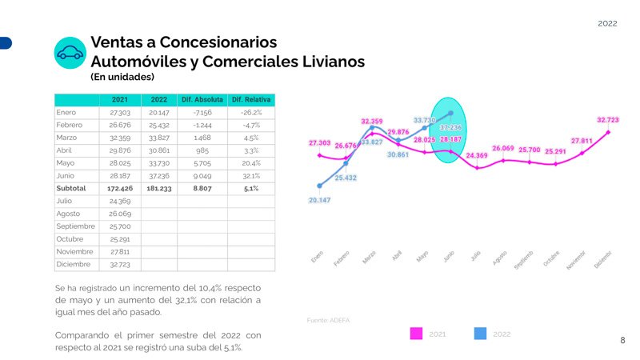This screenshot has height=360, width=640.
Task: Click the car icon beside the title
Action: tap(70, 52)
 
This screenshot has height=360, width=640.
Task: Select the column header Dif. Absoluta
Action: tap(202, 99)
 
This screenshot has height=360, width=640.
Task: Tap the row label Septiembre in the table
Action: tap(76, 226)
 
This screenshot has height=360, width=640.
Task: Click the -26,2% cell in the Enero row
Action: tap(251, 112)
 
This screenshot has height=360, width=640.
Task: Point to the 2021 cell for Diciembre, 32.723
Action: tap(119, 264)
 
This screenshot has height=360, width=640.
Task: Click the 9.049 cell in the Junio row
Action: tap(202, 175)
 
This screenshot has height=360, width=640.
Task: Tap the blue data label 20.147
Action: tap(319, 200)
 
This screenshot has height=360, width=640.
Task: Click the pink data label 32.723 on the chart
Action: tap(608, 120)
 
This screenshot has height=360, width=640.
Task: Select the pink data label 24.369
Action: tap(477, 155)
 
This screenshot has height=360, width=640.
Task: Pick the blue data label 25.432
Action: tap(346, 178)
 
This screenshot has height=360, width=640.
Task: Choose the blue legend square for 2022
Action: tap(481, 334)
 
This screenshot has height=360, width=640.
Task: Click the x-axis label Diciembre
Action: tap(602, 258)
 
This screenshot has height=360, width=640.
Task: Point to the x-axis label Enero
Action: tap(318, 257)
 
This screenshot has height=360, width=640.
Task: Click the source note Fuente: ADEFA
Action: tap(328, 320)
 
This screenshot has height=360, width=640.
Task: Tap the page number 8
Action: tap(623, 340)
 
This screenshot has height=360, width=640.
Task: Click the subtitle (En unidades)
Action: tap(122, 78)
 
